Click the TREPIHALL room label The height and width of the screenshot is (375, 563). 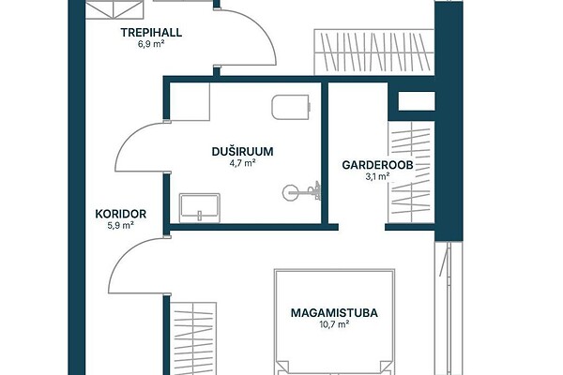151,33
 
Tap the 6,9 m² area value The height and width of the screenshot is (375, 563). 151,44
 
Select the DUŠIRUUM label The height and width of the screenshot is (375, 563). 242,152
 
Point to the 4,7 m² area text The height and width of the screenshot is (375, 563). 242,163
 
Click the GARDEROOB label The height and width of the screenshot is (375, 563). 378,165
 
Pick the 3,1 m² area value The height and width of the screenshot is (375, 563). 378,176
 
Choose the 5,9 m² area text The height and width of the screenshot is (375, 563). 121,225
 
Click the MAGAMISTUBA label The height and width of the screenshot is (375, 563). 334,313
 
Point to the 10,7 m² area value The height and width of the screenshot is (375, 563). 334,324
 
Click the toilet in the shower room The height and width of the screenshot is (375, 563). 290,107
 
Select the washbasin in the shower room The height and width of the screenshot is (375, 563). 200,208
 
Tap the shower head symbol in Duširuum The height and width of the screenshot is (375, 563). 301,192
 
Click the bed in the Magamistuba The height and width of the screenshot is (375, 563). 334,322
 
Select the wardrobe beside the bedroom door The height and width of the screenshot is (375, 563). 193,338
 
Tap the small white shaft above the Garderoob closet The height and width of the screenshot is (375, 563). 417,101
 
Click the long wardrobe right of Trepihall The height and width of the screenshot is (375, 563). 374,52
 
